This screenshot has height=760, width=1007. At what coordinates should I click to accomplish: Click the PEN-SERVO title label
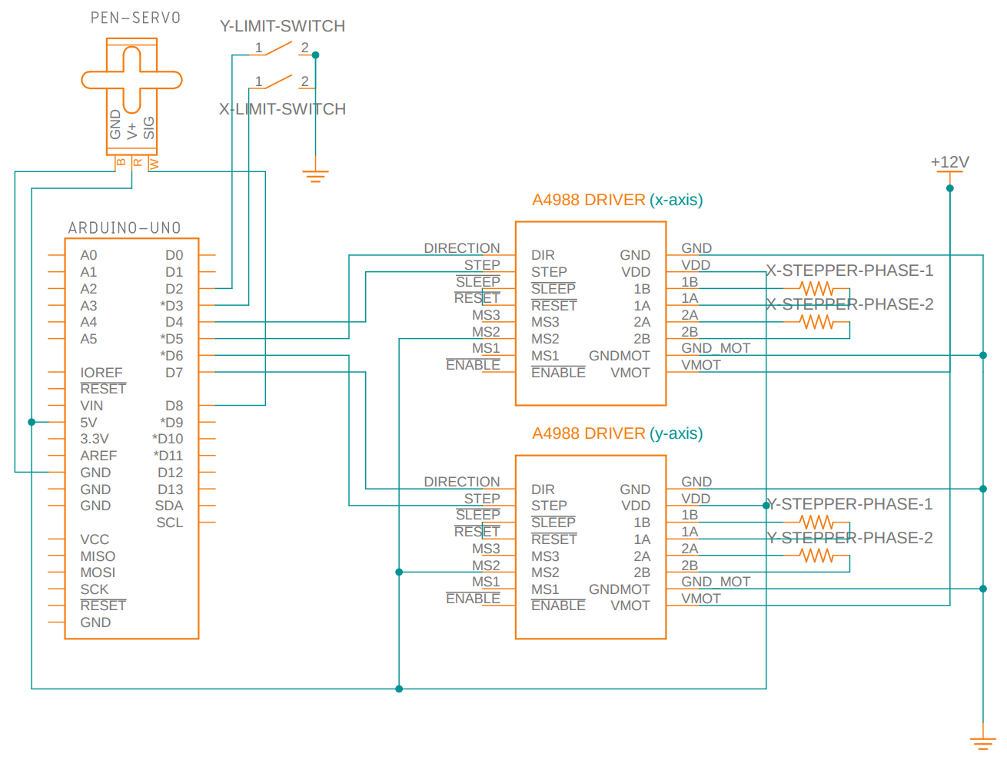[135, 18]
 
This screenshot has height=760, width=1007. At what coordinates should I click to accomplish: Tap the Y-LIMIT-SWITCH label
[282, 26]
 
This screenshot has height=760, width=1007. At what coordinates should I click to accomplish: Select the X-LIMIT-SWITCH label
[282, 109]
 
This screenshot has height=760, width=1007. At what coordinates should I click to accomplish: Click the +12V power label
[949, 162]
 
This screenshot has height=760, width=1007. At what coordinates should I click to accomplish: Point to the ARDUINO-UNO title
[125, 228]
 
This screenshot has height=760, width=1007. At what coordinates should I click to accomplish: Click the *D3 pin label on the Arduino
[171, 306]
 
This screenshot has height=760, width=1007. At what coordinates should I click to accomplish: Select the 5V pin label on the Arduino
[88, 423]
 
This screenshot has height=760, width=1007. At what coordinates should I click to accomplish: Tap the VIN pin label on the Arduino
[91, 406]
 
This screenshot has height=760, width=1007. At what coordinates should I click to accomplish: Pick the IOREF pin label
[101, 373]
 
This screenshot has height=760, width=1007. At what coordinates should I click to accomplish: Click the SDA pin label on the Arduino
[169, 506]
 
